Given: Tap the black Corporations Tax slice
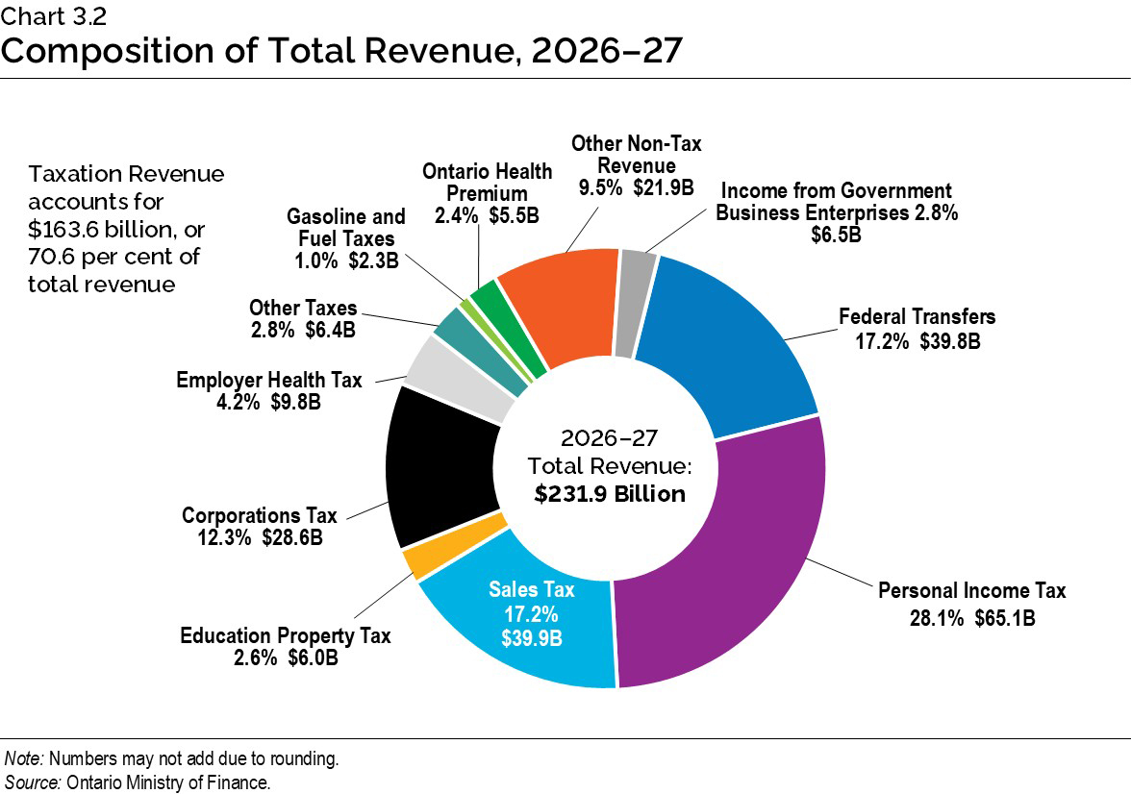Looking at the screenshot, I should pyautogui.click(x=438, y=471).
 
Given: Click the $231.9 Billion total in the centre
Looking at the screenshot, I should pyautogui.click(x=610, y=494).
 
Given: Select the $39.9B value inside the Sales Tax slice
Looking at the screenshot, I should pyautogui.click(x=533, y=637).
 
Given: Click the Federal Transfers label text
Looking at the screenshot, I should pyautogui.click(x=917, y=316).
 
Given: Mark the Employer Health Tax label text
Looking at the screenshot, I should pyautogui.click(x=269, y=380).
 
